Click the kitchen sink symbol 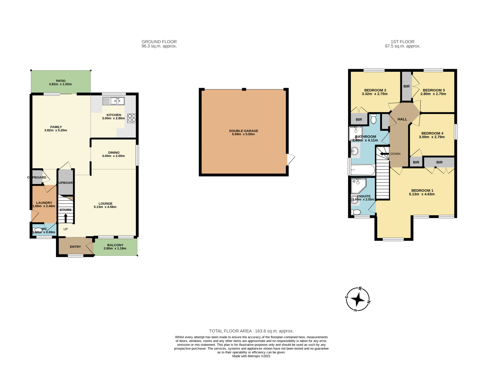tap(114, 101)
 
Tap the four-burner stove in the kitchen tap(132, 118)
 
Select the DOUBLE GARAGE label tap(243, 131)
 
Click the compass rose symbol tap(358, 299)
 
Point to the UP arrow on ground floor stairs tap(65, 218)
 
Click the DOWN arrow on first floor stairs tap(384, 154)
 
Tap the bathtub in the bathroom tap(363, 170)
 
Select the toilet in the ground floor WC tap(37, 230)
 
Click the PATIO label tap(61, 81)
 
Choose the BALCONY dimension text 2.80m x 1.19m tap(115, 248)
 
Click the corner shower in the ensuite tap(358, 186)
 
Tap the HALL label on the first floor tap(402, 119)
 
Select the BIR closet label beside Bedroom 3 tap(406, 86)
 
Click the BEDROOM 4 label tap(432, 133)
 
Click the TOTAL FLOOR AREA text tap(251, 331)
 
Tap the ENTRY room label tap(75, 247)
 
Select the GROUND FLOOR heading tap(159, 42)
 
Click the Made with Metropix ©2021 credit tap(251, 356)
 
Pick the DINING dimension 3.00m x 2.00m tap(113, 156)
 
